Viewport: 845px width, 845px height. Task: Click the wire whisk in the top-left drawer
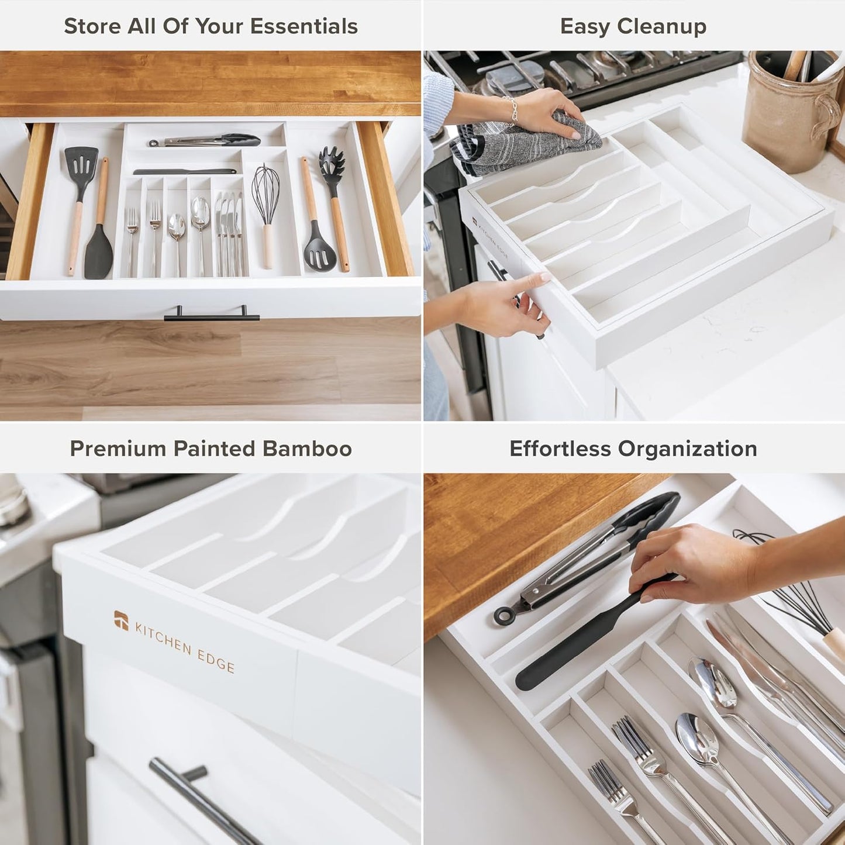point(265,193)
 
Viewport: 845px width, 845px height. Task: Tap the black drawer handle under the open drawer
point(212,316)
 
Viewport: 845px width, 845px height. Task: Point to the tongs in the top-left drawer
point(205,140)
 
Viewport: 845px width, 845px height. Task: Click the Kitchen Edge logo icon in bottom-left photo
point(121,620)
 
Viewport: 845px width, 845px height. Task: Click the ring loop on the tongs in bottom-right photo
point(502,615)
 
